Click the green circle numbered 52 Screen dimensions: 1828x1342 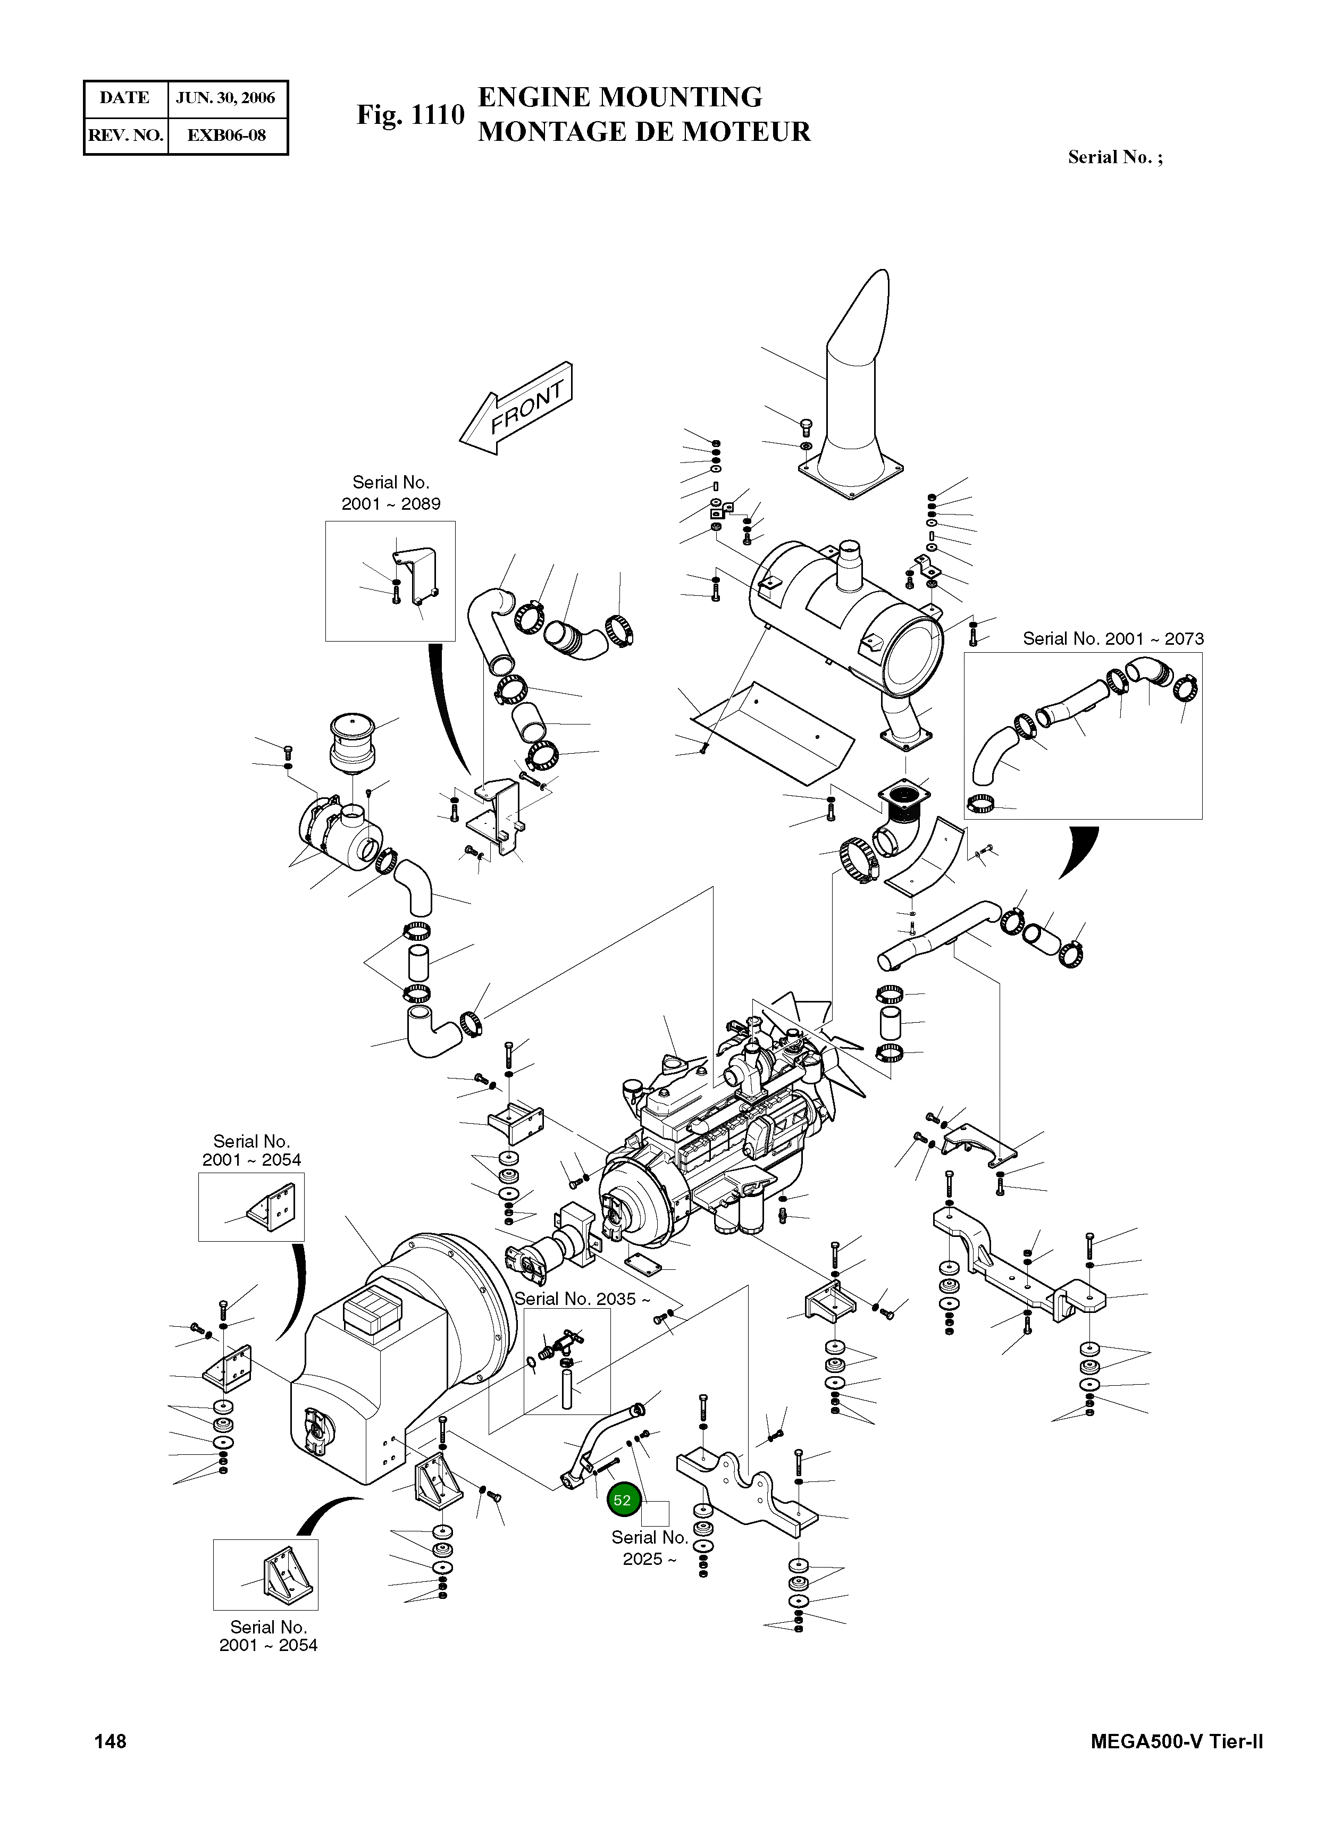point(622,1500)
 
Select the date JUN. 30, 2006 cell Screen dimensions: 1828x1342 point(226,98)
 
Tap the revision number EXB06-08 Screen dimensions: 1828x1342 point(226,136)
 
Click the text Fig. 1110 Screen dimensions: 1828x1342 point(410,115)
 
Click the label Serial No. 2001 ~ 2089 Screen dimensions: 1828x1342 point(391,493)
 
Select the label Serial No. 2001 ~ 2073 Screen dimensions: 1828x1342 point(1113,639)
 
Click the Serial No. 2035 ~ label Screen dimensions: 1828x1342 point(582,1299)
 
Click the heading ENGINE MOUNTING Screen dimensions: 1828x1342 point(620,97)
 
